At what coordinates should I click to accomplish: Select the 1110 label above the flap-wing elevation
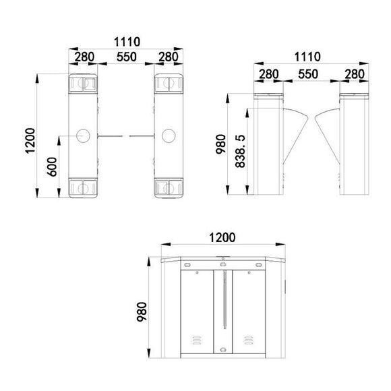click(x=309, y=56)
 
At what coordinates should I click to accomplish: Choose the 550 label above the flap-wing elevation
click(x=309, y=72)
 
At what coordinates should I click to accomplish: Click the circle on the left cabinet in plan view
click(x=85, y=136)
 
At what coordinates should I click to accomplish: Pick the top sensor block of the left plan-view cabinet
click(x=84, y=84)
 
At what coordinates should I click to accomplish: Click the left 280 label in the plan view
click(x=84, y=57)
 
